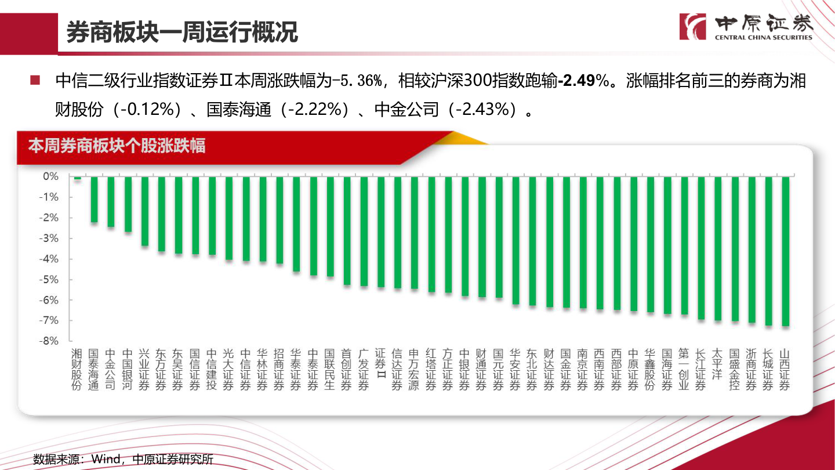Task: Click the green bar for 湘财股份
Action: click(x=77, y=178)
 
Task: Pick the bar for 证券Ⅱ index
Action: click(x=381, y=232)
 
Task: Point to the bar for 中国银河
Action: click(x=128, y=204)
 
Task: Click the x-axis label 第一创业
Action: click(x=684, y=369)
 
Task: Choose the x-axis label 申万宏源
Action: click(x=413, y=369)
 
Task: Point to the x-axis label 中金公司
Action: click(x=111, y=369)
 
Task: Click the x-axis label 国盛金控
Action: click(x=735, y=369)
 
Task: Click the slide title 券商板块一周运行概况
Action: click(x=182, y=32)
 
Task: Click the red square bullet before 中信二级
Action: click(x=35, y=80)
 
